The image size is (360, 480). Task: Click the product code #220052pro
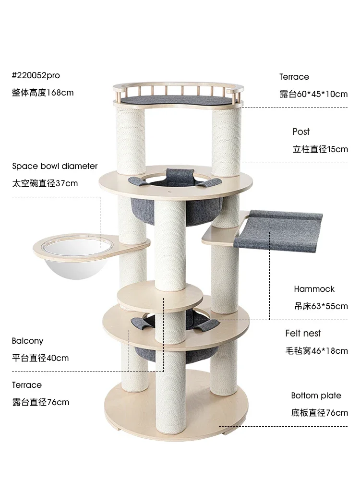pos(36,75)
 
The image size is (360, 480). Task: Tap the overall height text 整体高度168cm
pos(43,92)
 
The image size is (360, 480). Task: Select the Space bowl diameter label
pos(55,166)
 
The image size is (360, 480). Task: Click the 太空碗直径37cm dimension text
pos(45,183)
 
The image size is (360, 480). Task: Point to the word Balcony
pos(27,341)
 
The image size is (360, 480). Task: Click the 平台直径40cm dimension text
pos(40,358)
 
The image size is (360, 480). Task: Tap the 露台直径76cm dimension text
pos(40,402)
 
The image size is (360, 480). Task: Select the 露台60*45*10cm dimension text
pos(313,94)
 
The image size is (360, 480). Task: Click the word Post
pos(301,132)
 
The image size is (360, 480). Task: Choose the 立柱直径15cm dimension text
pos(320,149)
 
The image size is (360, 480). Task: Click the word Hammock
pos(314,289)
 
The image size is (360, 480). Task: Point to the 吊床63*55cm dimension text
pos(321,306)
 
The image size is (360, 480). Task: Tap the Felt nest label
pos(303,333)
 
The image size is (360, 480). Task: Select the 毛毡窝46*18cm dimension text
pos(316,351)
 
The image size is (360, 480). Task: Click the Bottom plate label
pos(316,396)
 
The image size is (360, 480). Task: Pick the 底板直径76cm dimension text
pos(319,413)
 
